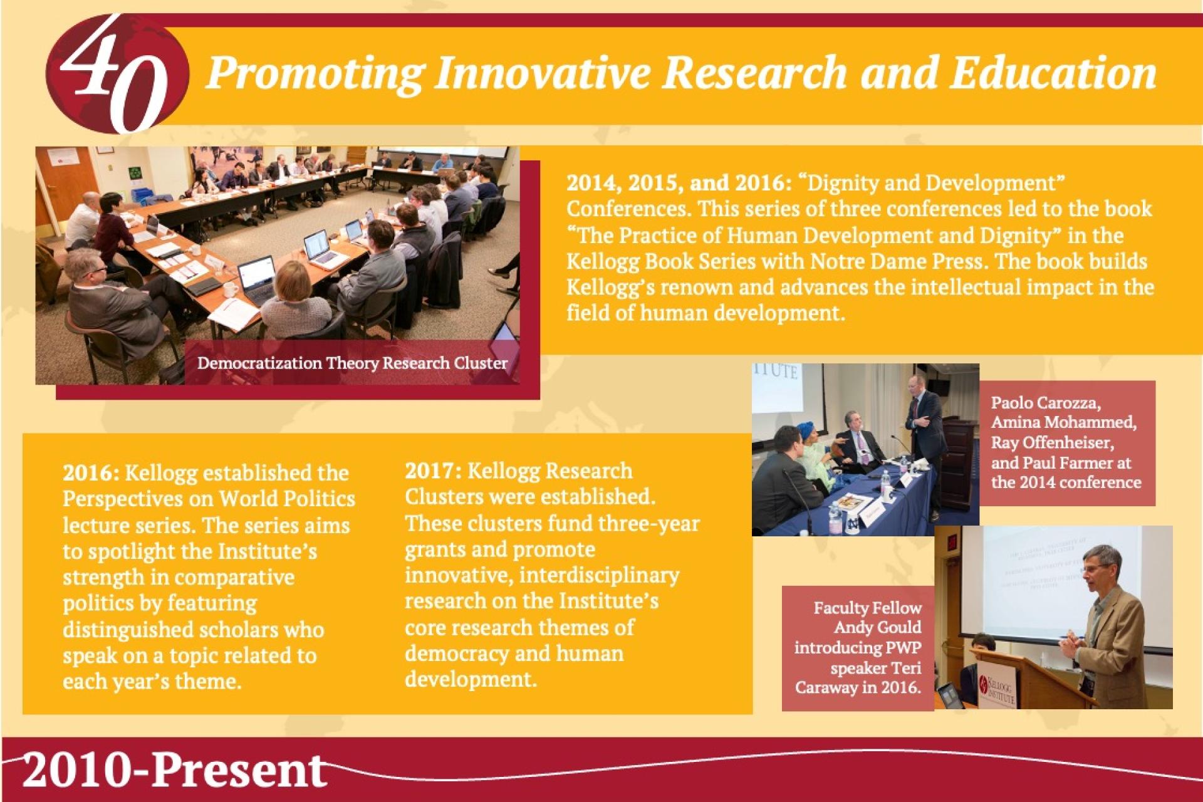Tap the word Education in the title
point(1053,73)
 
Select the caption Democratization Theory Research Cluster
point(352,363)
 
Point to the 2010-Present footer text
point(174,770)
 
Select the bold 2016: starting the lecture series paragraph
point(91,472)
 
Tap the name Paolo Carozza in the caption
point(1046,402)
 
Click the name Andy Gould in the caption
point(878,627)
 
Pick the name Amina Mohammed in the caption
point(1064,422)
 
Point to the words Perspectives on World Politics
point(209,499)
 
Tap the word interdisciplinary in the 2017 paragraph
point(599,575)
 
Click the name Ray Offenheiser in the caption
point(1053,442)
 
